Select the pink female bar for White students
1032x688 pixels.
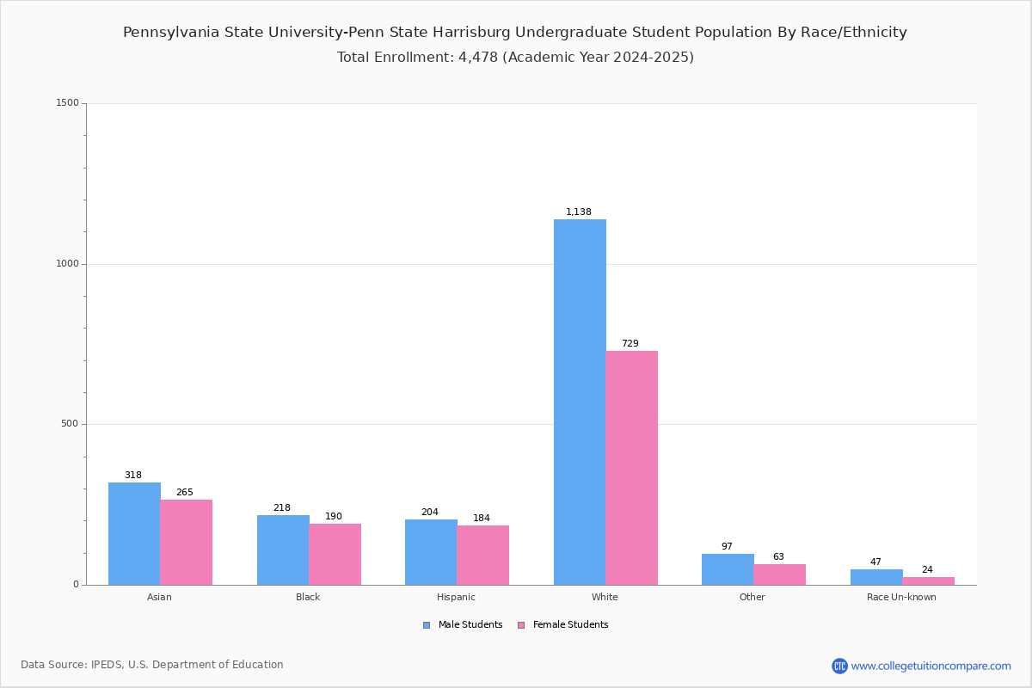coord(631,468)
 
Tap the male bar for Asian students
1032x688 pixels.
coord(134,533)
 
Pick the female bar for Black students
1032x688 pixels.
coord(335,554)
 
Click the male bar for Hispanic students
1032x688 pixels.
coord(431,552)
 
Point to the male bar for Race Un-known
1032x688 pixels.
coord(876,577)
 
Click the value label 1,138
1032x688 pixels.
coord(578,212)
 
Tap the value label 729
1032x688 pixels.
coord(630,343)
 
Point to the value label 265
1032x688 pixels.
coord(185,492)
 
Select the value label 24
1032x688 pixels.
coord(927,569)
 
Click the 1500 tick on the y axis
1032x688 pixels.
coord(67,103)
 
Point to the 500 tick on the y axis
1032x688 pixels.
coord(70,424)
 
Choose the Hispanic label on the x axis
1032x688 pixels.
coord(456,597)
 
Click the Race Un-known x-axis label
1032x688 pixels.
coord(901,597)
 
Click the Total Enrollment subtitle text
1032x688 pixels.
coord(515,57)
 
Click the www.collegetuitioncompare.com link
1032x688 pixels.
coord(931,666)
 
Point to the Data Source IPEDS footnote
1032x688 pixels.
coord(152,665)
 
